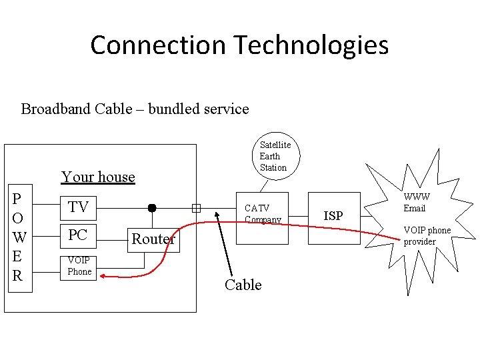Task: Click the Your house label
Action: click(98, 177)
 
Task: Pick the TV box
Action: click(78, 207)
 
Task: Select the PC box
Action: click(78, 235)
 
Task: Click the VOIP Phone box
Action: click(79, 266)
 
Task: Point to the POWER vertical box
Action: click(18, 237)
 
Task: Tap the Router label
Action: click(153, 239)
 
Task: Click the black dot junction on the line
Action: click(152, 208)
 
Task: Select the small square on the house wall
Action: click(196, 208)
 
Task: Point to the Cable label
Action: click(243, 285)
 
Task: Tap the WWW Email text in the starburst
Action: click(416, 203)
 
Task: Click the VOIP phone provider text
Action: click(427, 236)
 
